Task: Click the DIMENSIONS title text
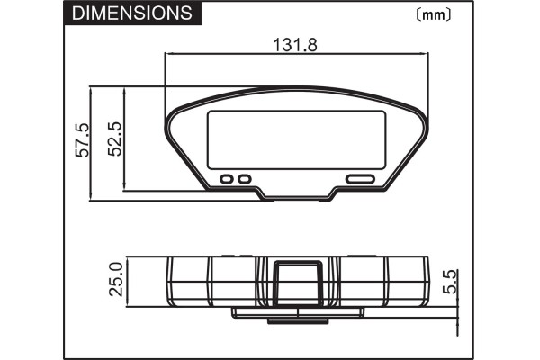coord(130,13)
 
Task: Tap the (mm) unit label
coord(434,14)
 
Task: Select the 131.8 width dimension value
coord(294,44)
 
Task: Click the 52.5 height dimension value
coord(113,139)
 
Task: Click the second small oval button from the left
coord(244,179)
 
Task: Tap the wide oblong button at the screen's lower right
coord(360,179)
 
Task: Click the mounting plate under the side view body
coord(298,312)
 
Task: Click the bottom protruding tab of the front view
coord(298,195)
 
